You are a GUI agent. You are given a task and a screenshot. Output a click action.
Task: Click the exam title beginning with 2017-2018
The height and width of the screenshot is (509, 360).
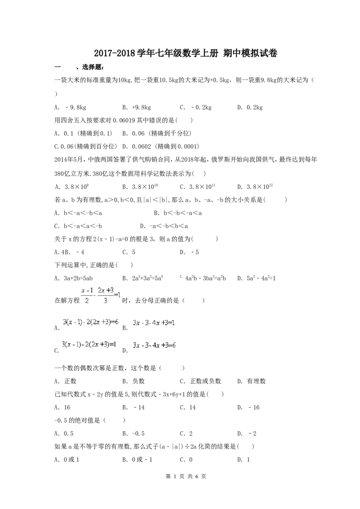pos(185,53)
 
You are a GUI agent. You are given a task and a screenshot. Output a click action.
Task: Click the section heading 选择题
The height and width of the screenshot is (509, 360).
pos(93,67)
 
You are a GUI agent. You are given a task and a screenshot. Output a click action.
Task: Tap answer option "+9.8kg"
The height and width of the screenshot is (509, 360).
pos(141,107)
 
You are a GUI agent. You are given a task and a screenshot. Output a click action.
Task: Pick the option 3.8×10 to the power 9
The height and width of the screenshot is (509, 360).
pos(76,186)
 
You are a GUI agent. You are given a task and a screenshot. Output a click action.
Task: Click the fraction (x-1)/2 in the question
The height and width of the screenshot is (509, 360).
pos(87,295)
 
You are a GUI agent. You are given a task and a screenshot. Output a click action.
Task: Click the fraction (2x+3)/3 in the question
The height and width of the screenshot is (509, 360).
pos(105,295)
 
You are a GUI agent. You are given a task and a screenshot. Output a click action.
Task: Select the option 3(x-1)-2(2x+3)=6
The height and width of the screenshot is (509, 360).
pos(90,322)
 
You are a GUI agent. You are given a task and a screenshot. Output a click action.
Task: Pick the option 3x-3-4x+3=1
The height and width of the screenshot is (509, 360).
pos(154,323)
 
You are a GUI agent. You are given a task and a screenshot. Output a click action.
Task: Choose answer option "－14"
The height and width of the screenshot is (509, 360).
pos(139,407)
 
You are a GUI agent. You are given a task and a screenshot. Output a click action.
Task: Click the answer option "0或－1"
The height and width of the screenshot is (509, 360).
pos(142,460)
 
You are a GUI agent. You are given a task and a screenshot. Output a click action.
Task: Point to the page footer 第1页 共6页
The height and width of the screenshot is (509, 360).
pos(186,476)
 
